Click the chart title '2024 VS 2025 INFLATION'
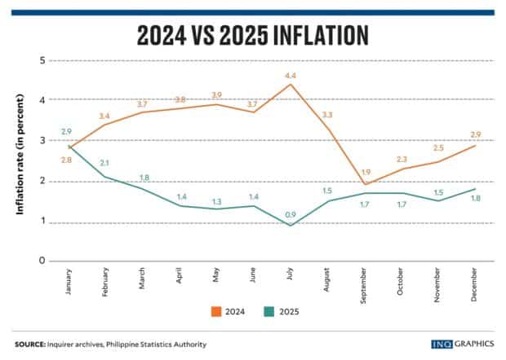click(253, 36)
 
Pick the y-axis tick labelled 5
click(42, 61)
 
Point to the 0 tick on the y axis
click(42, 261)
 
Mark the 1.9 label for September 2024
click(365, 172)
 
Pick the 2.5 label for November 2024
click(438, 148)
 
